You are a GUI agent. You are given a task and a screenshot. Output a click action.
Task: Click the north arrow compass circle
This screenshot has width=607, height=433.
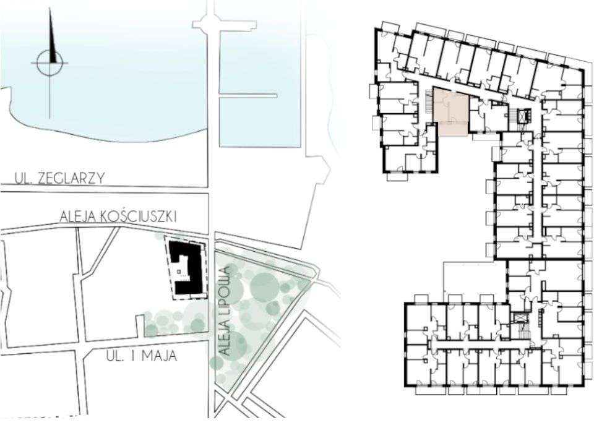(x=50, y=62)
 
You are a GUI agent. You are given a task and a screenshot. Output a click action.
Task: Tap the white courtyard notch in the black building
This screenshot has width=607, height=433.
(x=180, y=269)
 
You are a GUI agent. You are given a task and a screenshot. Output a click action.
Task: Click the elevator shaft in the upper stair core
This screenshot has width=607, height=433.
(x=527, y=116)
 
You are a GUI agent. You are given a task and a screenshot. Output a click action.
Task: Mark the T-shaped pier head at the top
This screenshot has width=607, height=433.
(x=224, y=24)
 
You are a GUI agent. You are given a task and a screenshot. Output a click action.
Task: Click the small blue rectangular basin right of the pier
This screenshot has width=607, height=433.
(x=260, y=121)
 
